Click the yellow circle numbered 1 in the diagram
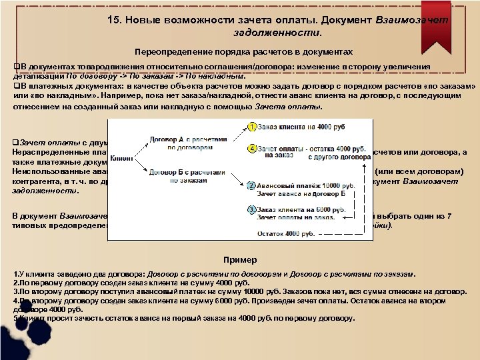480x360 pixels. pyautogui.click(x=251, y=127)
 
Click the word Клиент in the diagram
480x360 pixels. pyautogui.click(x=121, y=158)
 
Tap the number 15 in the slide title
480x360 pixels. pyautogui.click(x=113, y=20)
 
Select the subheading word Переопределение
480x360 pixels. pyautogui.click(x=167, y=51)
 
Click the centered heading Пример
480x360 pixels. pyautogui.click(x=239, y=259)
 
